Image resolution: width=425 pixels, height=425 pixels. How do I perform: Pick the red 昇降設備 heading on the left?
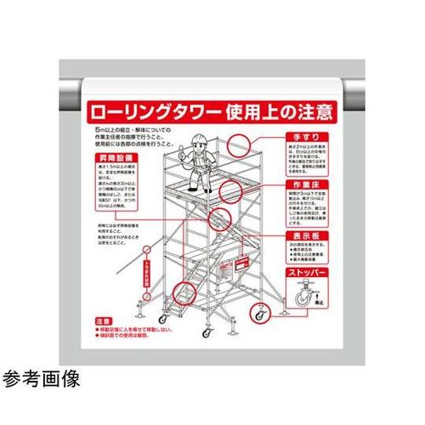[x=114, y=158]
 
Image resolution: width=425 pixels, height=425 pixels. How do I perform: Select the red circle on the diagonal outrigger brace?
[x=146, y=252]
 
